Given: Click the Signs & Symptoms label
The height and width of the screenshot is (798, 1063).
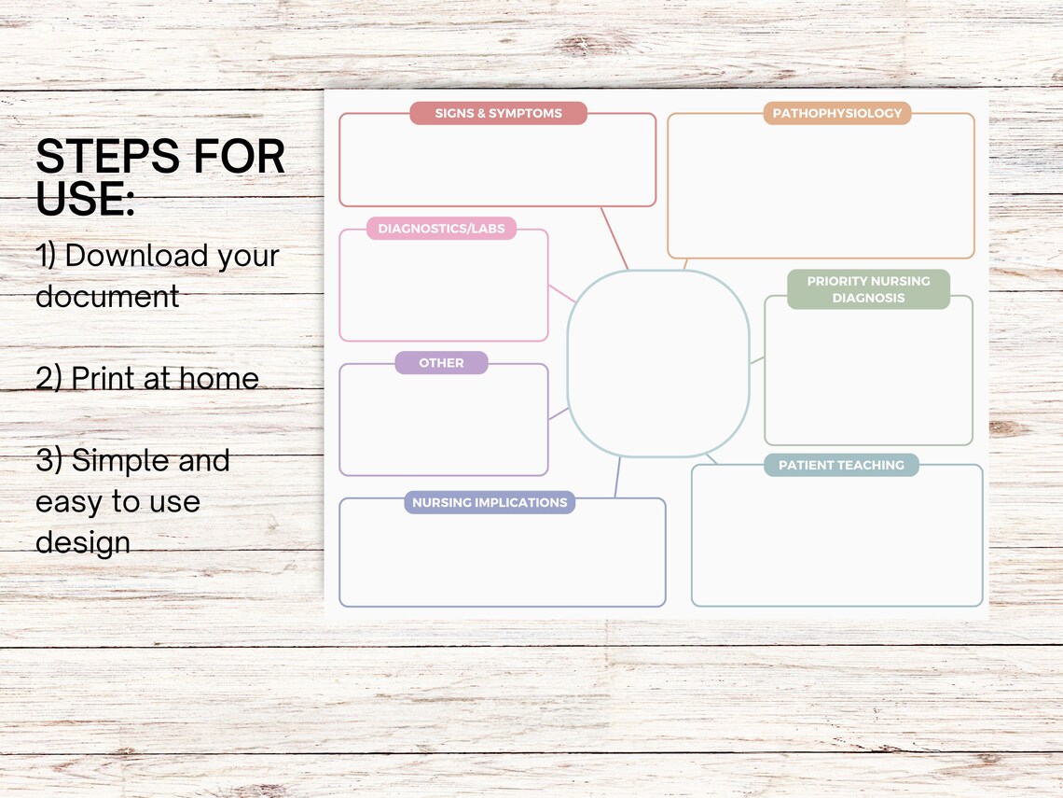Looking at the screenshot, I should [x=498, y=113].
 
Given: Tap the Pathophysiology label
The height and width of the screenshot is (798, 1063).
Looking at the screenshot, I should [x=837, y=113].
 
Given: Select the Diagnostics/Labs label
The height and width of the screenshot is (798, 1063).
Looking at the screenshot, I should [x=441, y=229].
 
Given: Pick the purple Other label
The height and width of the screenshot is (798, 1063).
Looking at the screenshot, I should [x=441, y=363].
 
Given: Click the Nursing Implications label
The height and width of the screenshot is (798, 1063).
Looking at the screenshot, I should [x=490, y=502].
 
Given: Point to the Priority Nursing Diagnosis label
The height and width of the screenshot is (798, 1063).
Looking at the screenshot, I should [x=868, y=289].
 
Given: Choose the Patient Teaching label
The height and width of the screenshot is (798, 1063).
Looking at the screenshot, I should [x=841, y=465].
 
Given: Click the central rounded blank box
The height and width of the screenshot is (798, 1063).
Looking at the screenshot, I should [x=657, y=363].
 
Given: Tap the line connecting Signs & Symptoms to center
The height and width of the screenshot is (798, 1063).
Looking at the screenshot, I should [x=614, y=238].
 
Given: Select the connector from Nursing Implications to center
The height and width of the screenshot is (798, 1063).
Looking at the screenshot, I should [x=616, y=477].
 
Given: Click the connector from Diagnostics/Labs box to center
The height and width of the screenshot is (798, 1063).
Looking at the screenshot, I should [x=561, y=293].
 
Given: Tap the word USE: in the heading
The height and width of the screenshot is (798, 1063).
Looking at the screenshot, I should [x=85, y=199].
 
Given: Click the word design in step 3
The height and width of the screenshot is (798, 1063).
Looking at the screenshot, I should [x=82, y=543].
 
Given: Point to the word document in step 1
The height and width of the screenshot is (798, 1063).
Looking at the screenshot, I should [x=107, y=297].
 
